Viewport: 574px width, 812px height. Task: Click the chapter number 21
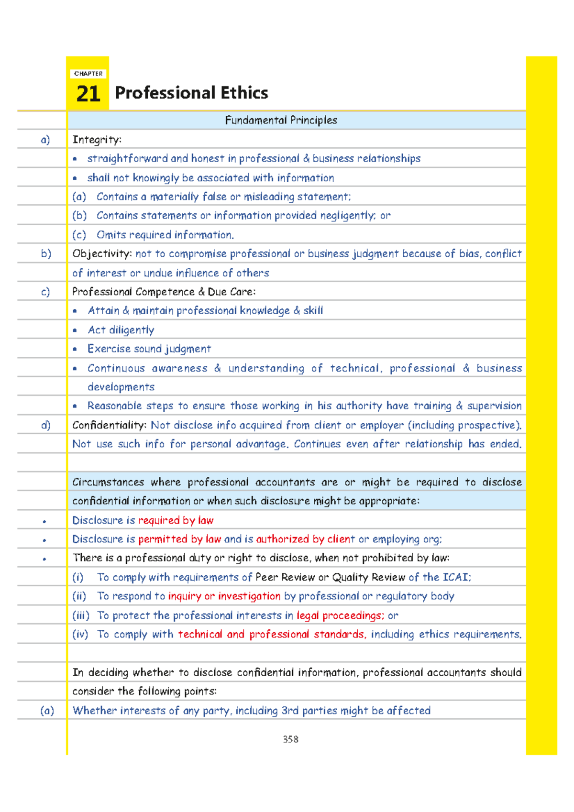pyautogui.click(x=88, y=94)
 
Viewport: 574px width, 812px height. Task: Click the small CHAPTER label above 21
pyautogui.click(x=88, y=74)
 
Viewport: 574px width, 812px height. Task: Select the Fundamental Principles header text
pyautogui.click(x=281, y=120)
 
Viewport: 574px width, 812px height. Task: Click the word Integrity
pyautogui.click(x=96, y=140)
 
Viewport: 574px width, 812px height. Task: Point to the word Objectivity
pyautogui.click(x=101, y=254)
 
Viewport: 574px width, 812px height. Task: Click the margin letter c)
pyautogui.click(x=45, y=292)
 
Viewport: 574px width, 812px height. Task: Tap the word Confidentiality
pyautogui.click(x=109, y=425)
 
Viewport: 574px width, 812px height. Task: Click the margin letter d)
pyautogui.click(x=45, y=425)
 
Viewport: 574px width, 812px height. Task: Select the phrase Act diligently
pyautogui.click(x=121, y=330)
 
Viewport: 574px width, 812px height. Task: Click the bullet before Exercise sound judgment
pyautogui.click(x=75, y=350)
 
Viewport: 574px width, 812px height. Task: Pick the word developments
pyautogui.click(x=121, y=387)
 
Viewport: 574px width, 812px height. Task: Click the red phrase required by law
pyautogui.click(x=176, y=520)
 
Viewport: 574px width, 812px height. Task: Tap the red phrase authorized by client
pyautogui.click(x=305, y=539)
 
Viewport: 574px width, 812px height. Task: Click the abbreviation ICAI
pyautogui.click(x=456, y=577)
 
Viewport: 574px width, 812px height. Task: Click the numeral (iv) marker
pyautogui.click(x=80, y=635)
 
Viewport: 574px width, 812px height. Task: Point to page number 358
pyautogui.click(x=290, y=739)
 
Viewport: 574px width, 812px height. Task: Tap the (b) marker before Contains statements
pyautogui.click(x=79, y=216)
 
